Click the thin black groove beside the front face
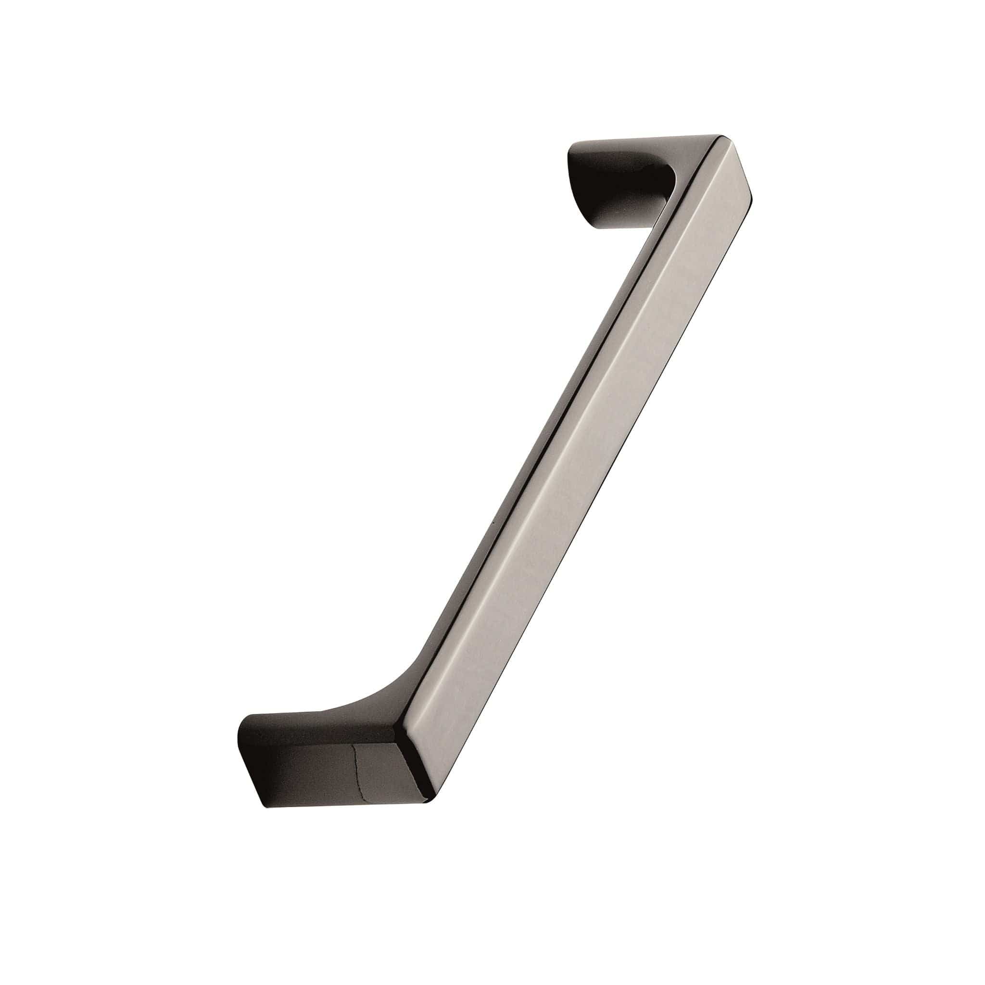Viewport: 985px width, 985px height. click(x=576, y=408)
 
